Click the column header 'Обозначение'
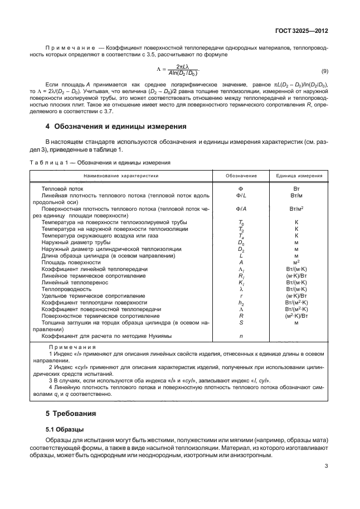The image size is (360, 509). click(241, 175)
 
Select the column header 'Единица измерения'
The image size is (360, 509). click(299, 175)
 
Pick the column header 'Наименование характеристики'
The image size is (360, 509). click(121, 175)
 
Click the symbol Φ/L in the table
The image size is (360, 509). click(241, 196)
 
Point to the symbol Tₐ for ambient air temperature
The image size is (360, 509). click(241, 236)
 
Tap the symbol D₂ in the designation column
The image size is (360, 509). click(241, 249)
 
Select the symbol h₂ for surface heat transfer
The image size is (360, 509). click(241, 302)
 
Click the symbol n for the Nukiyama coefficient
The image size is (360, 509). click(241, 336)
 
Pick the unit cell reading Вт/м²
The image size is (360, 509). click(296, 209)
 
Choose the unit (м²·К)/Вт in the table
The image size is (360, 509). click(296, 316)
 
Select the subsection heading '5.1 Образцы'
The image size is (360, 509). click(65, 429)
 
